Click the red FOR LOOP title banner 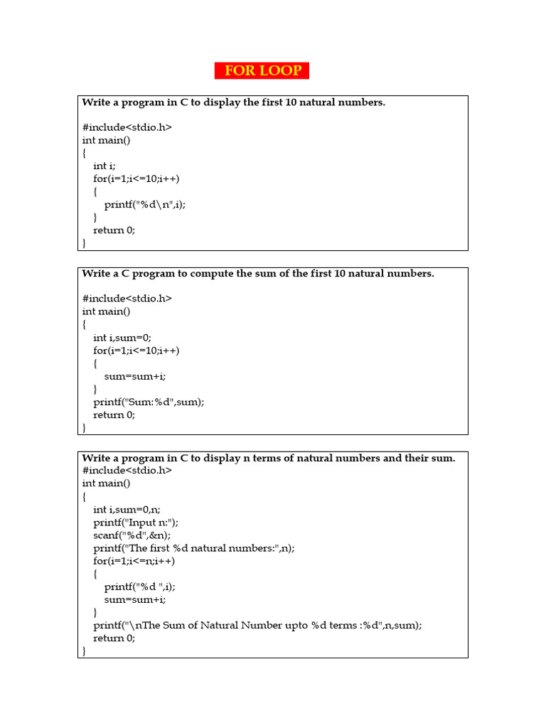[262, 71]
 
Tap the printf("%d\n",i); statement [149, 204]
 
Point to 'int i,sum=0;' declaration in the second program [122, 338]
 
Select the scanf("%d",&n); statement [132, 535]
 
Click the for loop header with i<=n [134, 561]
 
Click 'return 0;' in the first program [114, 230]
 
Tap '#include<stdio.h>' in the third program [127, 471]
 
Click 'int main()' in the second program [107, 311]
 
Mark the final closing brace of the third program [85, 651]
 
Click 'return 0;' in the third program [114, 638]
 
